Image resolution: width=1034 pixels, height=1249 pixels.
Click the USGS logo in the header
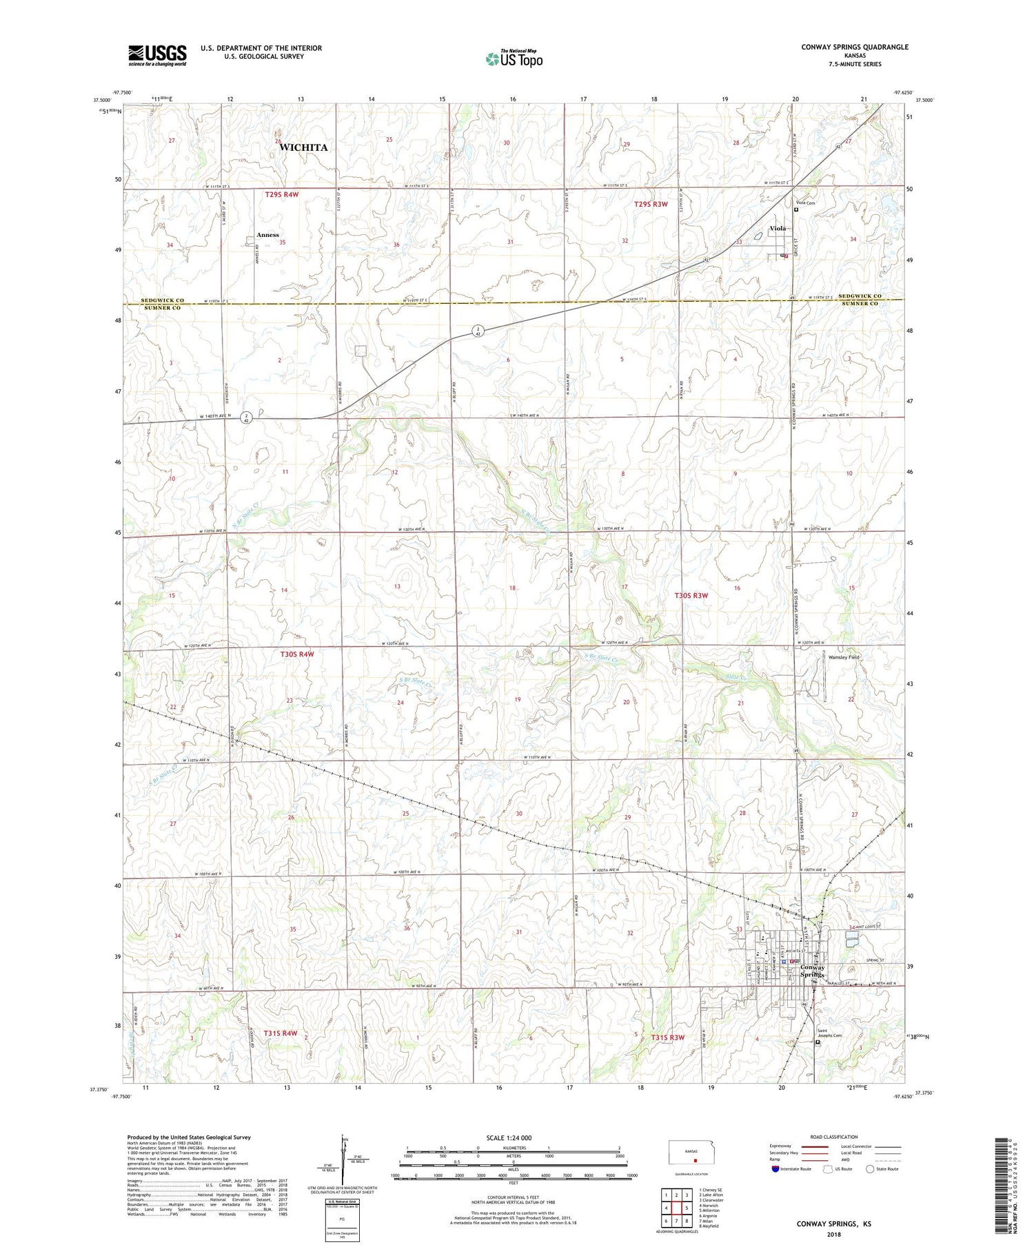[x=157, y=55]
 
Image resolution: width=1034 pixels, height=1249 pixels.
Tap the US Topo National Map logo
[x=514, y=59]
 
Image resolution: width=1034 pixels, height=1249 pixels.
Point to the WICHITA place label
[x=303, y=147]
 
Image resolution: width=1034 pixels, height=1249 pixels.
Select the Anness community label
[x=267, y=235]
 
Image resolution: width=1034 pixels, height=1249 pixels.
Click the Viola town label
[x=778, y=228]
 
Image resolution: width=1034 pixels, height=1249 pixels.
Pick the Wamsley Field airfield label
[x=843, y=657]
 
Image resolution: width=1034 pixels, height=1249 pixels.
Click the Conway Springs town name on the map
[x=813, y=971]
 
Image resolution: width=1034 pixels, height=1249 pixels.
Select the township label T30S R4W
[x=297, y=654]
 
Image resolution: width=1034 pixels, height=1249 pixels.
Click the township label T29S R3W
[x=650, y=205]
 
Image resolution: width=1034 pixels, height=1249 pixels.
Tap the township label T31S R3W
[x=667, y=1038]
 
